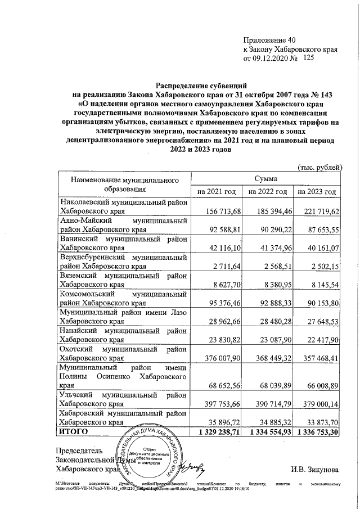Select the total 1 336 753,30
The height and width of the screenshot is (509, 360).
click(x=318, y=431)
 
